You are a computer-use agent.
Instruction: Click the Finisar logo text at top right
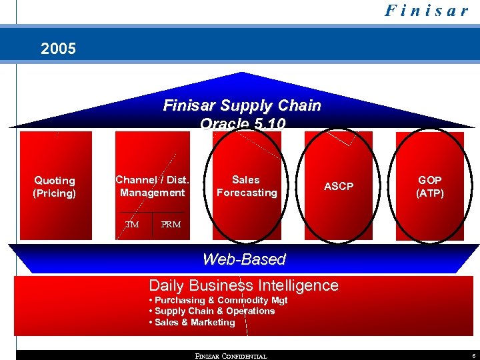tap(426, 11)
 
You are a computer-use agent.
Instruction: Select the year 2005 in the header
tap(59, 49)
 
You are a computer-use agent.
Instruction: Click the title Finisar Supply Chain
tap(242, 105)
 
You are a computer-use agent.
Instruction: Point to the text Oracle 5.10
tap(243, 122)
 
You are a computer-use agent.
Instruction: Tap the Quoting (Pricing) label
tap(55, 187)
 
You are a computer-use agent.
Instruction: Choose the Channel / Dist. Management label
tap(153, 186)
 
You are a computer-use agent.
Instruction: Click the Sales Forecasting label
tap(246, 186)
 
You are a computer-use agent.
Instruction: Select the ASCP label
tap(339, 186)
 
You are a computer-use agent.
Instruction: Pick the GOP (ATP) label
tap(430, 186)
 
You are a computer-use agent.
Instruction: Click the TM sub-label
tap(132, 225)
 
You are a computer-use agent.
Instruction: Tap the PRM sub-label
tap(171, 225)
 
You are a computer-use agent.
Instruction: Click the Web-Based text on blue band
tap(244, 259)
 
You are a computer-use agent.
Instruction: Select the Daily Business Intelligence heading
tap(243, 285)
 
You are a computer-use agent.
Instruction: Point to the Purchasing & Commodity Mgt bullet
tap(218, 300)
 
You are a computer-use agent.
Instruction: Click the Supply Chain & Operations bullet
tap(212, 311)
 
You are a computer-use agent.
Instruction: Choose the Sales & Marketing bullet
tap(192, 322)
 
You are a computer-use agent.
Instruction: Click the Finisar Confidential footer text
tap(231, 356)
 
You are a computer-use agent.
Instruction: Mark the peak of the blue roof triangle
tap(242, 73)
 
